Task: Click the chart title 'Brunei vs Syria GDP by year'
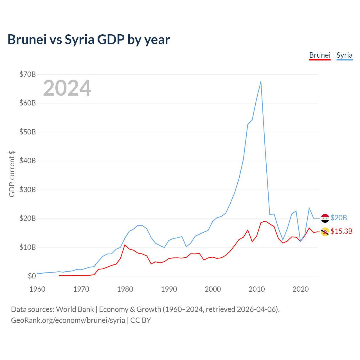(x=89, y=40)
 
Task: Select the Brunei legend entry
(x=320, y=55)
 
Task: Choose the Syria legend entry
(x=344, y=55)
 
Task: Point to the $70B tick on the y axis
(x=28, y=74)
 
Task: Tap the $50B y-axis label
(x=28, y=132)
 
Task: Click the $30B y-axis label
(x=28, y=190)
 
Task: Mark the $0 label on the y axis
(x=32, y=276)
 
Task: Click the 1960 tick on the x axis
(x=37, y=289)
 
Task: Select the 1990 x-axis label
(x=169, y=289)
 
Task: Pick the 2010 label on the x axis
(x=256, y=289)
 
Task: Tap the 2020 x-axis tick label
(x=300, y=289)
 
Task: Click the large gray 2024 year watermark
(x=67, y=88)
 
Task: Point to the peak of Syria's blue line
(x=261, y=82)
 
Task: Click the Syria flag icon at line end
(x=325, y=218)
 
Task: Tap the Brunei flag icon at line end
(x=325, y=232)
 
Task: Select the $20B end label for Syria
(x=339, y=218)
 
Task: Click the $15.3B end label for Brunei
(x=341, y=231)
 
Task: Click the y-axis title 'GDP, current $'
(x=12, y=174)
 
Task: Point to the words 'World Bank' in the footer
(x=75, y=309)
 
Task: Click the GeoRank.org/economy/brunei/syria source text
(x=68, y=320)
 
